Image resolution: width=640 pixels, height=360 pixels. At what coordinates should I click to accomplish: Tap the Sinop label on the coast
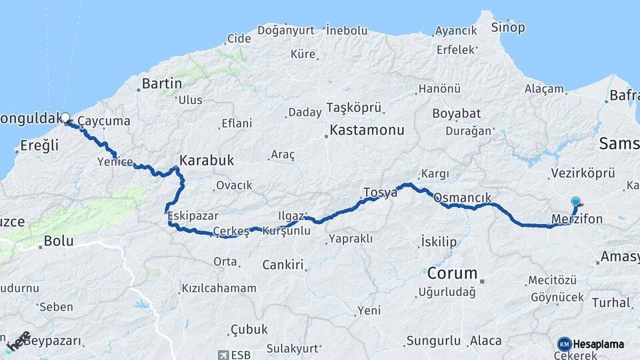pyautogui.click(x=508, y=27)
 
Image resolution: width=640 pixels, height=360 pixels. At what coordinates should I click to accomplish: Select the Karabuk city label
pyautogui.click(x=207, y=161)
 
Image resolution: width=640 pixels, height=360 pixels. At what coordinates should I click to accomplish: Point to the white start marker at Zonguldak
pyautogui.click(x=65, y=118)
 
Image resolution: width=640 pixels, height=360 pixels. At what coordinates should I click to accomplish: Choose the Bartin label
pyautogui.click(x=162, y=84)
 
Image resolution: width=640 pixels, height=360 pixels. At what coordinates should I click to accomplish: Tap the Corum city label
pyautogui.click(x=453, y=273)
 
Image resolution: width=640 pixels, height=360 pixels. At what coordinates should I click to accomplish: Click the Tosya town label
pyautogui.click(x=380, y=192)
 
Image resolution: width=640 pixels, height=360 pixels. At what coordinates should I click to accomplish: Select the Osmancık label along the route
pyautogui.click(x=462, y=198)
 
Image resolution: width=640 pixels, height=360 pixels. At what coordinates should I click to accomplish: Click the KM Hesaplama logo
pyautogui.click(x=591, y=344)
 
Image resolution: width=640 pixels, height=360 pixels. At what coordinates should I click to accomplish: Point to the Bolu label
pyautogui.click(x=58, y=241)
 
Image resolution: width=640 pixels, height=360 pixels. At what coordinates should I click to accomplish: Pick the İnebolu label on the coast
pyautogui.click(x=347, y=30)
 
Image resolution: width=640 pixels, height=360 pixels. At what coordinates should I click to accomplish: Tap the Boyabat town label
pyautogui.click(x=456, y=113)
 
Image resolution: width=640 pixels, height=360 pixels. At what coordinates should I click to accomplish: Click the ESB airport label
pyautogui.click(x=239, y=355)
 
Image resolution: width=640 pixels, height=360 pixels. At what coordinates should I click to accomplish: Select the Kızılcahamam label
pyautogui.click(x=218, y=289)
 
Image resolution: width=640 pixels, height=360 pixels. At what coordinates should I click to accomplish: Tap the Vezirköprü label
pyautogui.click(x=583, y=173)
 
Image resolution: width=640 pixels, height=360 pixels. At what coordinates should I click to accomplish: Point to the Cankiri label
pyautogui.click(x=283, y=264)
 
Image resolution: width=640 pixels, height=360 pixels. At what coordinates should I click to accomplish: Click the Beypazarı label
pyautogui.click(x=53, y=341)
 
